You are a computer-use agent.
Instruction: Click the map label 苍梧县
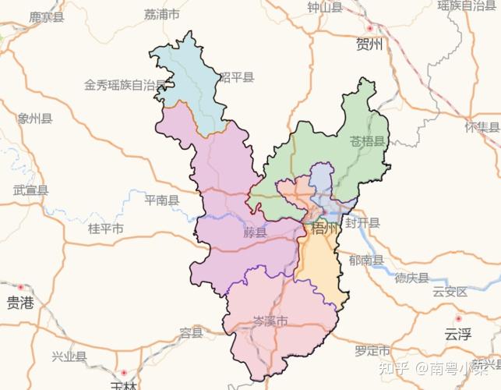click(x=368, y=142)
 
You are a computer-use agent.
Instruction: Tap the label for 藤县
click(x=255, y=232)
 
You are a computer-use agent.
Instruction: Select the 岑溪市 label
click(x=270, y=321)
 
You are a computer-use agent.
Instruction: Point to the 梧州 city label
click(x=325, y=229)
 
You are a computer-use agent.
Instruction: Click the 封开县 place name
click(x=362, y=222)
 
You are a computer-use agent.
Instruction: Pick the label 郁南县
click(x=367, y=261)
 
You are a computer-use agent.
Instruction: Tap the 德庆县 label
click(x=411, y=278)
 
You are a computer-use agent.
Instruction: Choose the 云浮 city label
click(x=458, y=335)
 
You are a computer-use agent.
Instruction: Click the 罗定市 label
click(x=372, y=350)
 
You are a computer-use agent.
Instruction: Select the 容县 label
click(x=191, y=333)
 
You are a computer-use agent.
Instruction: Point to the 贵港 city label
click(x=21, y=304)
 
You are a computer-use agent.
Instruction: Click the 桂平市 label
click(x=105, y=229)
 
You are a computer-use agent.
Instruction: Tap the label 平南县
click(x=162, y=200)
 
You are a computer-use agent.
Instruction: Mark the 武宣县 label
click(x=31, y=190)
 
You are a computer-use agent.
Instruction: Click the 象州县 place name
click(x=35, y=119)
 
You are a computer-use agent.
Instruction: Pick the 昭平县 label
click(x=237, y=77)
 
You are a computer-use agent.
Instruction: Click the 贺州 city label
click(x=369, y=44)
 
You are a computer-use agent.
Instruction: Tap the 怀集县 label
click(x=482, y=127)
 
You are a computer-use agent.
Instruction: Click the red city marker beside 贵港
click(x=21, y=287)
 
